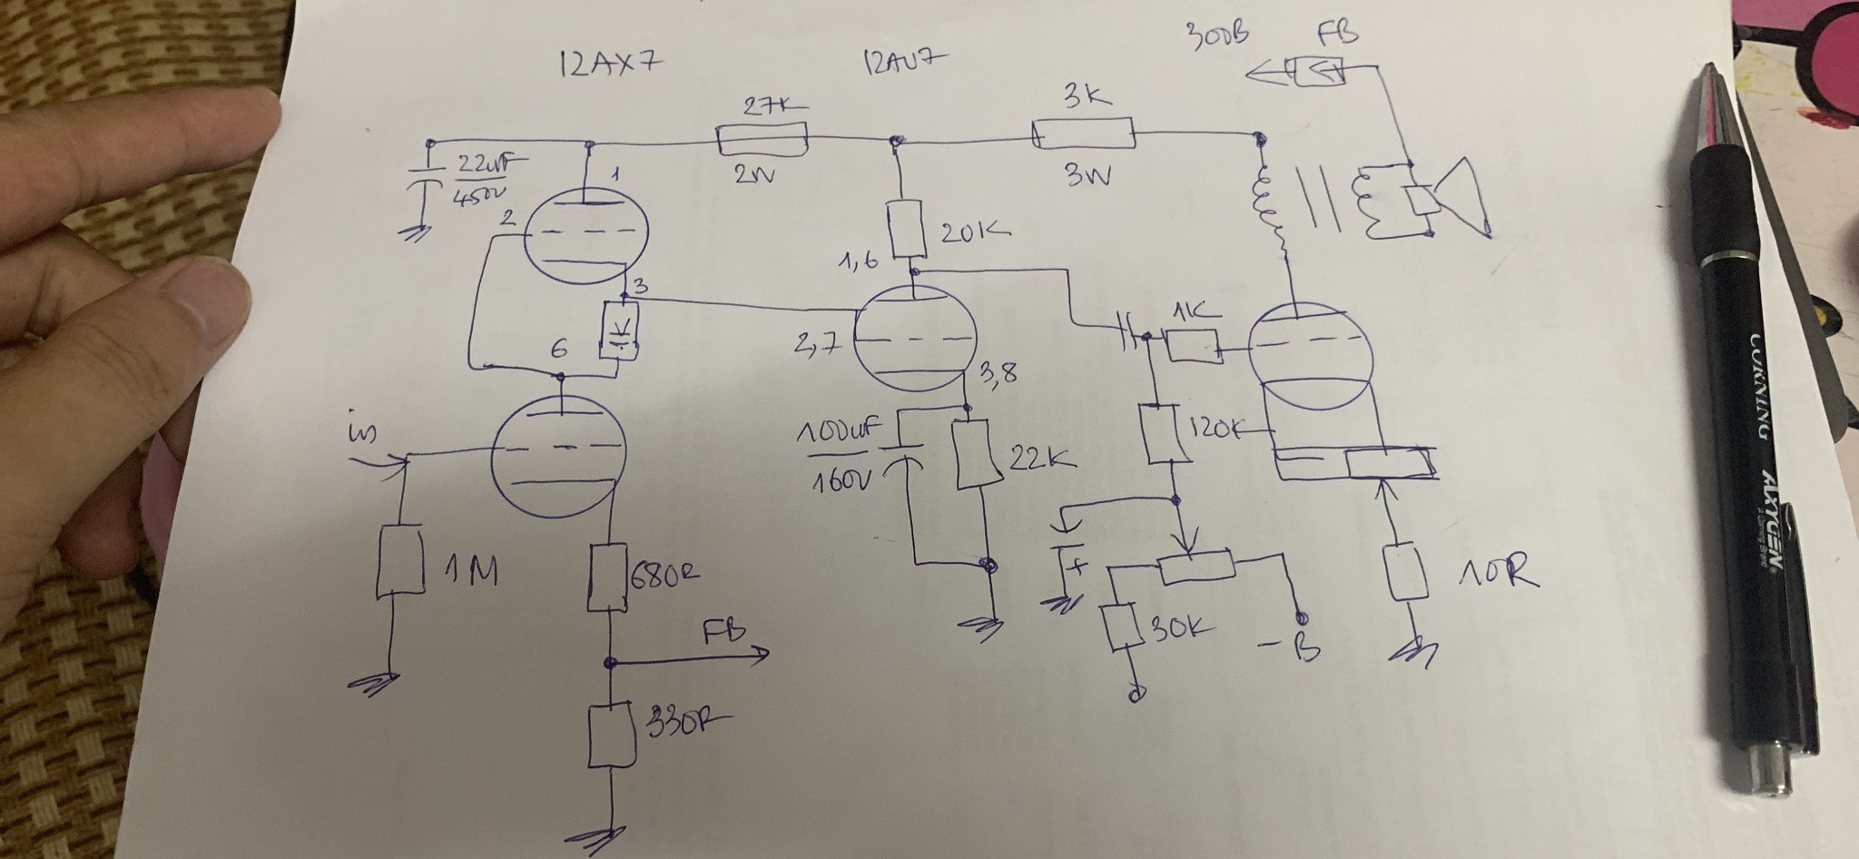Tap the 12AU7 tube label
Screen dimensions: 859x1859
[902, 63]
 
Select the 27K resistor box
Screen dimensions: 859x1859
[762, 140]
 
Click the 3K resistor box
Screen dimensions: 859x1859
[1084, 135]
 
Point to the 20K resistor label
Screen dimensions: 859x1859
[975, 233]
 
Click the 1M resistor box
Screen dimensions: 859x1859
[400, 560]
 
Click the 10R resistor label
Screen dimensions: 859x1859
[1498, 573]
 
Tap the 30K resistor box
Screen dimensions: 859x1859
[1122, 627]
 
